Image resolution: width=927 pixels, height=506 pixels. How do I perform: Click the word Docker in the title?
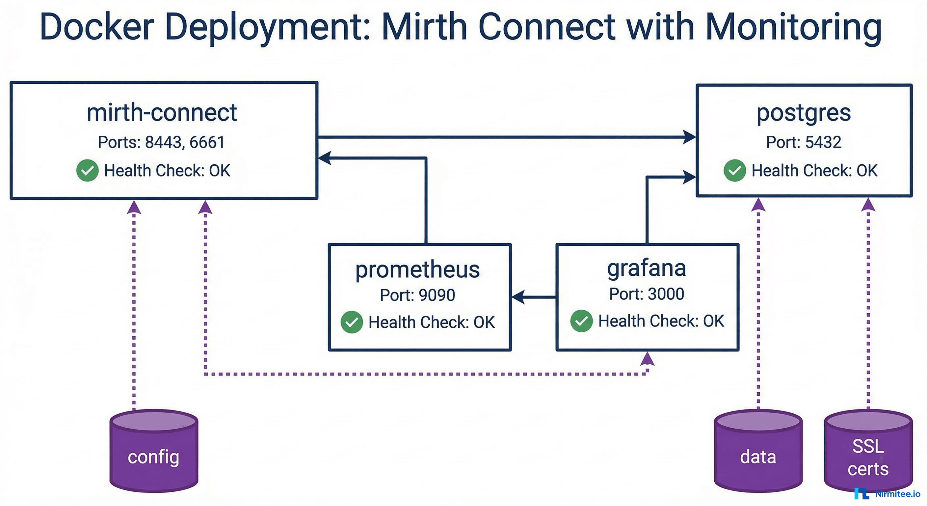pos(97,27)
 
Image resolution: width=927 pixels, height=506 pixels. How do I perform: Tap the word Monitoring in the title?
pos(793,27)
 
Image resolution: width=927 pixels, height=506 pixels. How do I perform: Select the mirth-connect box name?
pos(162,112)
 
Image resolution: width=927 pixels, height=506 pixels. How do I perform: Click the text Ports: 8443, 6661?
pos(162,142)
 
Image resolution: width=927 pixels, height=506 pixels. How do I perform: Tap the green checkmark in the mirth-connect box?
pos(88,170)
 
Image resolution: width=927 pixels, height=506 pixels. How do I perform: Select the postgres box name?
pos(803,113)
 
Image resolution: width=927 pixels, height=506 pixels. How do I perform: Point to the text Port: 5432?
pos(803,142)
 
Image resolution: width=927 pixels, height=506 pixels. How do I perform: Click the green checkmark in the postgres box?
pos(735,170)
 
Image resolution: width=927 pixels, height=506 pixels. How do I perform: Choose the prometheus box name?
pos(417,270)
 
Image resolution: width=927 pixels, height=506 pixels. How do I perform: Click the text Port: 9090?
pos(417,295)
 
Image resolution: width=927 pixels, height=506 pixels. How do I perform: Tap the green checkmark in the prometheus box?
pos(352,322)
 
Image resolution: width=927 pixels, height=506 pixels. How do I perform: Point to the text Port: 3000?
pos(647,294)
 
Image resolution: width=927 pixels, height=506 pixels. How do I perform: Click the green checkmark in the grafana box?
pos(581,321)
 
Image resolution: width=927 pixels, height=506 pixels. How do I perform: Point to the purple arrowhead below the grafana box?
pos(647,359)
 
